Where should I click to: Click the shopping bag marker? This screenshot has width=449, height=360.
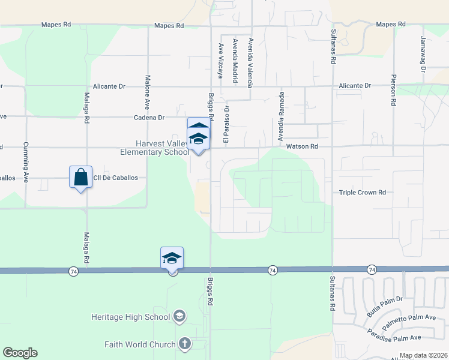pyautogui.click(x=80, y=177)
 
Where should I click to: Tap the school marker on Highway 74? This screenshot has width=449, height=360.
pyautogui.click(x=172, y=259)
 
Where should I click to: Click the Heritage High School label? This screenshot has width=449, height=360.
pyautogui.click(x=131, y=316)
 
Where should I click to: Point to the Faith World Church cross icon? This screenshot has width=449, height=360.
pyautogui.click(x=185, y=344)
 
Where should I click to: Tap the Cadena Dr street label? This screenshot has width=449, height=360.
pyautogui.click(x=149, y=118)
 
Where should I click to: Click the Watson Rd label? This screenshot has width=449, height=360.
pyautogui.click(x=301, y=146)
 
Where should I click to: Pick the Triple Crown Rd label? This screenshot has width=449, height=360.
pyautogui.click(x=362, y=193)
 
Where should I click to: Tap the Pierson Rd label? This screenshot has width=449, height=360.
pyautogui.click(x=394, y=90)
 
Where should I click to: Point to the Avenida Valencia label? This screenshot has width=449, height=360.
pyautogui.click(x=251, y=60)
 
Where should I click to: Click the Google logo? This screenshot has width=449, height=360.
pyautogui.click(x=20, y=353)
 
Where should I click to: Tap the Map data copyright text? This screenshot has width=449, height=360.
pyautogui.click(x=423, y=355)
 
